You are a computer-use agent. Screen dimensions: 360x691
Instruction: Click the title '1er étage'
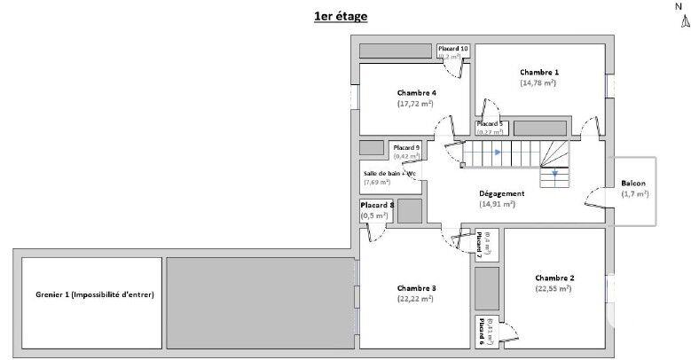[x=341, y=16]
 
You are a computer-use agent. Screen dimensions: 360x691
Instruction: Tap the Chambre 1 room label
[x=538, y=72]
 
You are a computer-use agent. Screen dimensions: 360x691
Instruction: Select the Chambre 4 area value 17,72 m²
[x=415, y=104]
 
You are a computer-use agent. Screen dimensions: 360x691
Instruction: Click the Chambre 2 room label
[x=554, y=278]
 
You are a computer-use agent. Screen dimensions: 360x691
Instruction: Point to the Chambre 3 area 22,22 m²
[x=415, y=299]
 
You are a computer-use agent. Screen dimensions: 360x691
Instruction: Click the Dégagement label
[x=502, y=193]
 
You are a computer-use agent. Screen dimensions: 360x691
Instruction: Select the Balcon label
[x=633, y=184]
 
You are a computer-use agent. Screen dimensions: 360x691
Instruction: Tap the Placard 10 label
[x=453, y=48]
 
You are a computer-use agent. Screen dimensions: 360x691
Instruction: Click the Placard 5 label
[x=490, y=124]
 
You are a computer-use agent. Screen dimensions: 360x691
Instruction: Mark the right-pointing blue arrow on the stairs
[x=498, y=153]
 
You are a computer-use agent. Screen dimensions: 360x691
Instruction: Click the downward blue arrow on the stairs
[x=554, y=174]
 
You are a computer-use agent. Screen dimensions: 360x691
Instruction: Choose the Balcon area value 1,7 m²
[x=634, y=193]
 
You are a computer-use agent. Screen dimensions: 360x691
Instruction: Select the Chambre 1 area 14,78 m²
[x=538, y=82]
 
